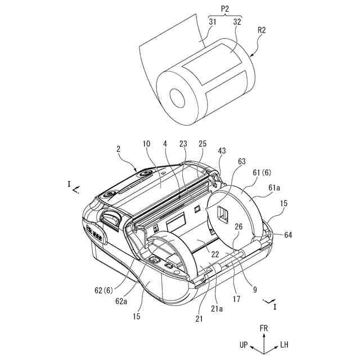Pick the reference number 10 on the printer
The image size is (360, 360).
tap(146, 144)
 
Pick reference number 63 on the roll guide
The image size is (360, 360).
tap(242, 161)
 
